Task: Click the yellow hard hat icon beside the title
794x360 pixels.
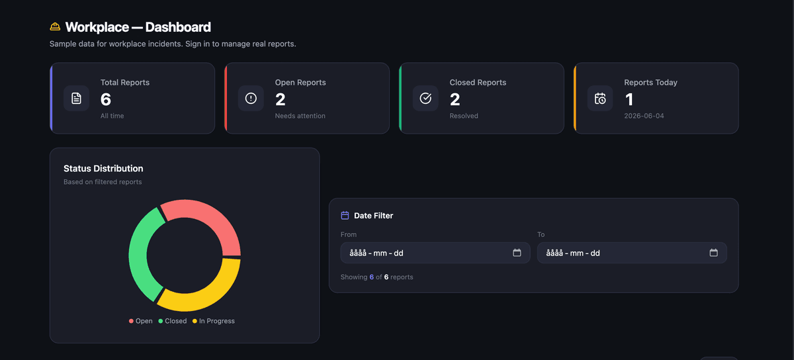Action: coord(55,26)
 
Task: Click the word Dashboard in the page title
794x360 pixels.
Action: coord(178,27)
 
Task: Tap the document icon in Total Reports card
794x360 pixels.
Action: coord(76,98)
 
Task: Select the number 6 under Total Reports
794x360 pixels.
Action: coord(106,99)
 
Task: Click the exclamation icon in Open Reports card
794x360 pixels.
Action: coord(251,98)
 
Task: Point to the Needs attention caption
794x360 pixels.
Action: coord(300,116)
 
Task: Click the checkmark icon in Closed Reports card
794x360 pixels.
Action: coord(425,98)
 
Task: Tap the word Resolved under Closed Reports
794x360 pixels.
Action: coord(464,116)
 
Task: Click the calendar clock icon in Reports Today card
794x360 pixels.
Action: coord(600,98)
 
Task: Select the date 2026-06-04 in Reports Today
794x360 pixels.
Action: coord(644,116)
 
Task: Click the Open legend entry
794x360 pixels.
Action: coord(141,321)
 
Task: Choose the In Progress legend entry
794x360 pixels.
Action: coord(213,321)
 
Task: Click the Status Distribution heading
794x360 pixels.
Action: coord(103,169)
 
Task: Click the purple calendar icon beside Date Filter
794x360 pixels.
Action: coord(345,215)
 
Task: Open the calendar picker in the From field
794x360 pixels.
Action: coord(517,253)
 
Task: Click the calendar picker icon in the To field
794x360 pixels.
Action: coord(713,253)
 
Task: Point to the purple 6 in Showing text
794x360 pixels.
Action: coord(371,277)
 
